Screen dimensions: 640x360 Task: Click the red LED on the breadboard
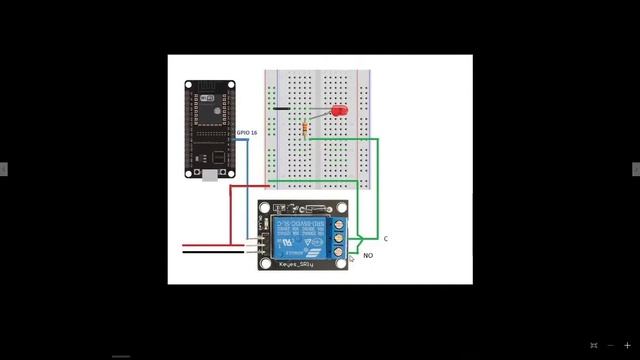click(339, 110)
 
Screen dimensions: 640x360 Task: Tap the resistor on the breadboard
click(304, 127)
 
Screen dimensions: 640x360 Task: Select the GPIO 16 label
click(246, 132)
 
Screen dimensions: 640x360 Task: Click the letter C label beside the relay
click(385, 239)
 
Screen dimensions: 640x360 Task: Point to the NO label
click(368, 256)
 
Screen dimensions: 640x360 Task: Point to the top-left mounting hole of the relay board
click(265, 208)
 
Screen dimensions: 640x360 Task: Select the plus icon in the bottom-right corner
click(627, 345)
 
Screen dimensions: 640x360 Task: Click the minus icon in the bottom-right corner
click(610, 345)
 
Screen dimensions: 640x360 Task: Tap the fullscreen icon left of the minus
click(593, 345)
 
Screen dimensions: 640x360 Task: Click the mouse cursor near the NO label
click(350, 259)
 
